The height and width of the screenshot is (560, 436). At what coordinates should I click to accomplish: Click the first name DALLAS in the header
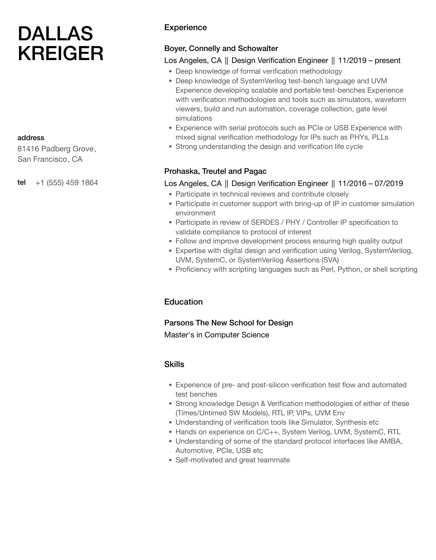click(x=55, y=34)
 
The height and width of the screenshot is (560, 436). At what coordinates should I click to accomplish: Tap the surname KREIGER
click(x=60, y=53)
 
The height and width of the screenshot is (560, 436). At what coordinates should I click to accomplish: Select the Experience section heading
click(x=185, y=27)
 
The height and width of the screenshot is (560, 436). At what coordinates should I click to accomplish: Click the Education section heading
click(x=183, y=302)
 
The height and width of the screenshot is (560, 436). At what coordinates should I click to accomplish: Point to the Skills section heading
click(x=174, y=364)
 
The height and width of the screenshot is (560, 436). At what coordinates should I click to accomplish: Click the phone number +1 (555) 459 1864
click(x=67, y=183)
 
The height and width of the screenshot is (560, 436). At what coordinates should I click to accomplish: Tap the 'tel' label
click(x=22, y=182)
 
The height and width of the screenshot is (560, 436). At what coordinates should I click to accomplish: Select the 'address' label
click(x=31, y=138)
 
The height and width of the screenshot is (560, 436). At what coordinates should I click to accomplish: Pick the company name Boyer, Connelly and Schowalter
click(x=221, y=48)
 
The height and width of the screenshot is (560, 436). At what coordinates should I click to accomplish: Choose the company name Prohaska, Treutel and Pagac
click(x=215, y=171)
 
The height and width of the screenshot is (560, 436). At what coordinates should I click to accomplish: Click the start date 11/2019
click(x=352, y=61)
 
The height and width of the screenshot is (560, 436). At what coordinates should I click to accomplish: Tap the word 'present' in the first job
click(x=387, y=61)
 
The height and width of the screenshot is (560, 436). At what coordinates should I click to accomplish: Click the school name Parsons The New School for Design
click(x=228, y=323)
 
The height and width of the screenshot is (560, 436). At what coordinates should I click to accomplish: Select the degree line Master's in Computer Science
click(x=216, y=335)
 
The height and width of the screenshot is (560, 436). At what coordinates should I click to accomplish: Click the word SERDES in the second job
click(x=264, y=222)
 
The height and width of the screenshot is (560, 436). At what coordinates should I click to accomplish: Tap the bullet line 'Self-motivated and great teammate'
click(x=232, y=460)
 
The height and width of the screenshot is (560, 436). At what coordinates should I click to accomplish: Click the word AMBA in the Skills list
click(x=391, y=441)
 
